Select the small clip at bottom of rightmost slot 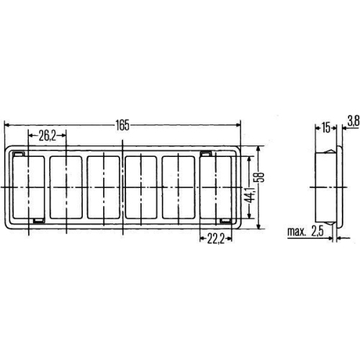coord(225,219)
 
